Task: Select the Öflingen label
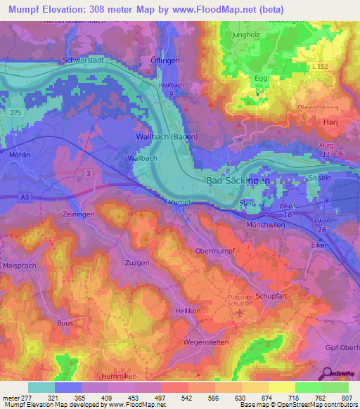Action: [x=163, y=60]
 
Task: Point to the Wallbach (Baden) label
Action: [x=167, y=136]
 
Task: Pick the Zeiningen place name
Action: [x=77, y=214]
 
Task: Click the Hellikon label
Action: [x=188, y=310]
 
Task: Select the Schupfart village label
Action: [x=272, y=297]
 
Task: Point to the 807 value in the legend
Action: [x=345, y=398]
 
